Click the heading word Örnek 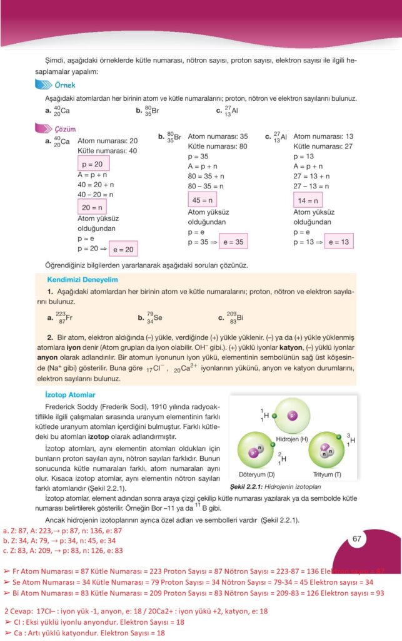65,85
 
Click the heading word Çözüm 65,128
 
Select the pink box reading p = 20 93,163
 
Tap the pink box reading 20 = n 92,207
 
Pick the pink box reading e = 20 122,249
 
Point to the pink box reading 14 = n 306,200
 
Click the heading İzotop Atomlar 71,395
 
